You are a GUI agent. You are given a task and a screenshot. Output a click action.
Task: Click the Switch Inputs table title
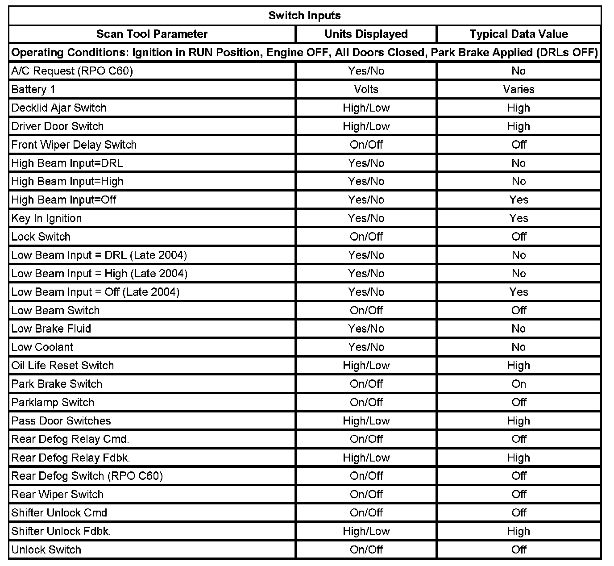coord(304,16)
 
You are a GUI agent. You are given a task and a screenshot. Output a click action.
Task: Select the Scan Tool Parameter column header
coord(152,34)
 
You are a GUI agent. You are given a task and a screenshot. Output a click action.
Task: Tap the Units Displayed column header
coord(366,34)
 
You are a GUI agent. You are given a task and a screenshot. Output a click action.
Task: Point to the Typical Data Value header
coord(519,34)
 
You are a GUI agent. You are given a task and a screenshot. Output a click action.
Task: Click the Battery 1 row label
coord(33,89)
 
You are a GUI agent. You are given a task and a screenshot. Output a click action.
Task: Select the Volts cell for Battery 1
coord(366,89)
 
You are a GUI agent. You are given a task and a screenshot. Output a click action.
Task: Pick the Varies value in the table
coord(519,89)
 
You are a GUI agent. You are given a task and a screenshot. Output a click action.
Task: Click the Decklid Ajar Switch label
coord(59,108)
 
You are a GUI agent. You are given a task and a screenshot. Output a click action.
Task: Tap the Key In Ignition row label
coord(46,218)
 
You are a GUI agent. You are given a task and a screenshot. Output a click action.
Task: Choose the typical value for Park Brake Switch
coord(519,384)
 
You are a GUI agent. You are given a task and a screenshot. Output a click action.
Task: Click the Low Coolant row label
coord(42,347)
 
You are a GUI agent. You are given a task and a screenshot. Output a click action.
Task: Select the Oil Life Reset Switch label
coord(62,366)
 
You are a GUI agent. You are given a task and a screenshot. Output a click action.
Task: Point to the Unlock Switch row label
coord(46,549)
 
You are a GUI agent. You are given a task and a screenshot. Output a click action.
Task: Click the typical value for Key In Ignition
coord(519,218)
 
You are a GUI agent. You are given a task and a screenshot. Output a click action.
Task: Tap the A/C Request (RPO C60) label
coord(72,71)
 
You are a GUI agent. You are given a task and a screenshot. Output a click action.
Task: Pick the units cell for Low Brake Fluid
coord(366,329)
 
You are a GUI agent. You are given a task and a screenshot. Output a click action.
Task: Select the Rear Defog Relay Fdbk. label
coord(71,458)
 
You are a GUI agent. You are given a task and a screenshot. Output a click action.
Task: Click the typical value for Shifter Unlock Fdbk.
coord(519,531)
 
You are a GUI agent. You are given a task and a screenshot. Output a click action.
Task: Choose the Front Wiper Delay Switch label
coord(74,145)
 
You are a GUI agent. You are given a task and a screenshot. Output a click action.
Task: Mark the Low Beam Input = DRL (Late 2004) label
coord(99,255)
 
